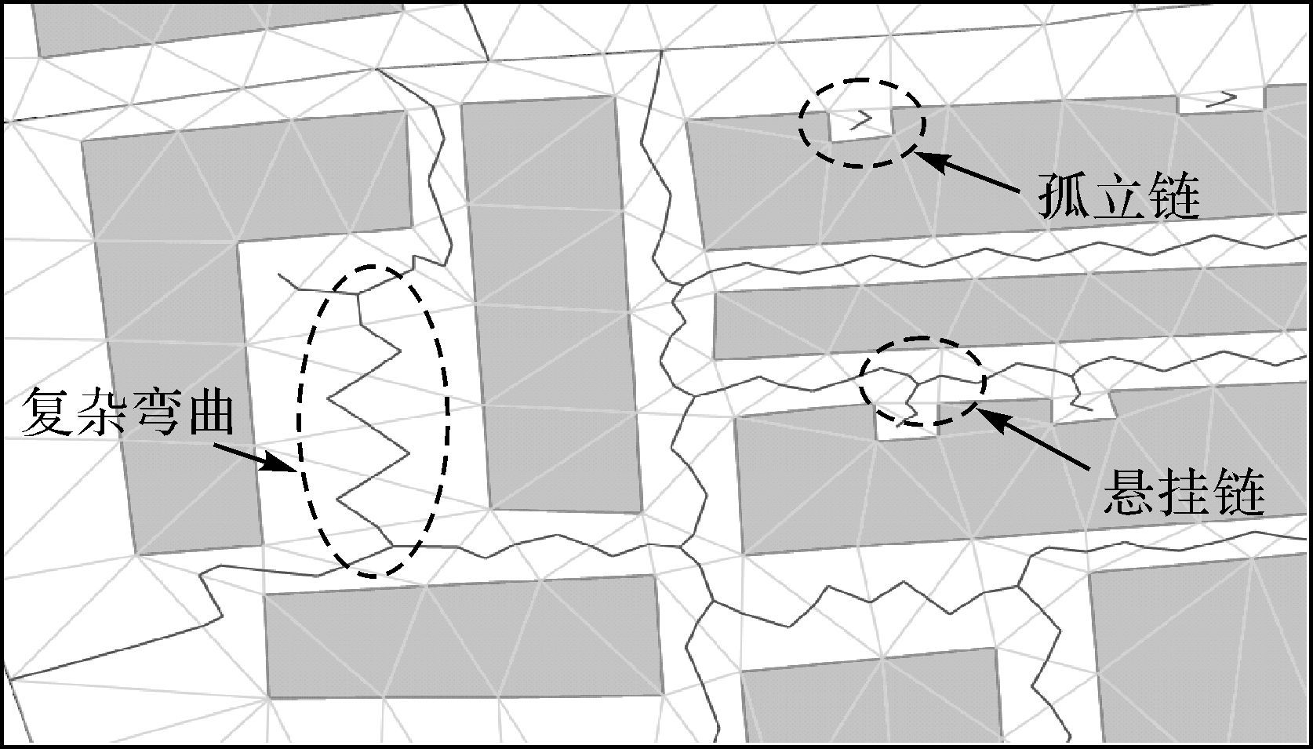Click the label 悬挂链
[x=1184, y=495]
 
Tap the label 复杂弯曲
[x=128, y=411]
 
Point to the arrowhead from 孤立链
[x=930, y=159]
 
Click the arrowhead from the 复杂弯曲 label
[x=279, y=464]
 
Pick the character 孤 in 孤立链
[x=1064, y=196]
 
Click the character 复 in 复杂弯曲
[x=47, y=411]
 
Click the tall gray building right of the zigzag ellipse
[x=551, y=305]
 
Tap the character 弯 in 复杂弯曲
[x=155, y=411]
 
